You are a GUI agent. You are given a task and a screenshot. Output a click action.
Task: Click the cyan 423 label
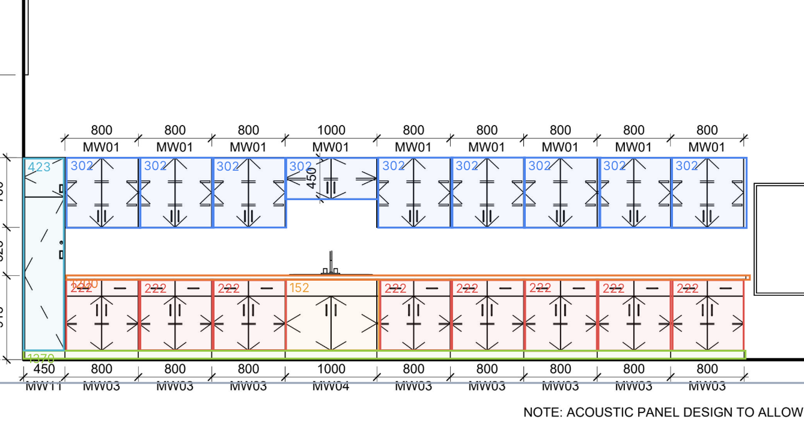(39, 167)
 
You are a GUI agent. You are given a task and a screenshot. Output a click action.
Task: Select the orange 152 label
(299, 288)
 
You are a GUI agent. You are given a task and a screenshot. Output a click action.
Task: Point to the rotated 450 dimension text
(312, 178)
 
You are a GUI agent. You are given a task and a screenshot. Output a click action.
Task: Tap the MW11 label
(44, 385)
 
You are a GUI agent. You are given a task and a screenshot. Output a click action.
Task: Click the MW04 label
(331, 385)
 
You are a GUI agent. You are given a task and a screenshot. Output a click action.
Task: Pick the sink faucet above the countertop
(330, 264)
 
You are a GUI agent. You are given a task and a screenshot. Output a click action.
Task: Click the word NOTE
(542, 412)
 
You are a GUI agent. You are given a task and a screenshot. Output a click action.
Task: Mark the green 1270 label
(41, 358)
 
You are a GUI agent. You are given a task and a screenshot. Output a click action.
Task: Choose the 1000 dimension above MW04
(331, 368)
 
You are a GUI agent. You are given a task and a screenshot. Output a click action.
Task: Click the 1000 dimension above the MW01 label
(331, 130)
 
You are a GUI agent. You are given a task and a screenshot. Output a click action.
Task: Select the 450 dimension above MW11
(44, 368)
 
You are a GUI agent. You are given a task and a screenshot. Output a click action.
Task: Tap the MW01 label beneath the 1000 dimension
(331, 147)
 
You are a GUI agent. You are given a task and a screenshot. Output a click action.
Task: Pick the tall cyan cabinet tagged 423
(44, 264)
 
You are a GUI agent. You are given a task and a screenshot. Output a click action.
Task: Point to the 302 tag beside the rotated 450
(300, 166)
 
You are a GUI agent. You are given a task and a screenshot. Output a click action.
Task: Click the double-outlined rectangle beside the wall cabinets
(779, 239)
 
